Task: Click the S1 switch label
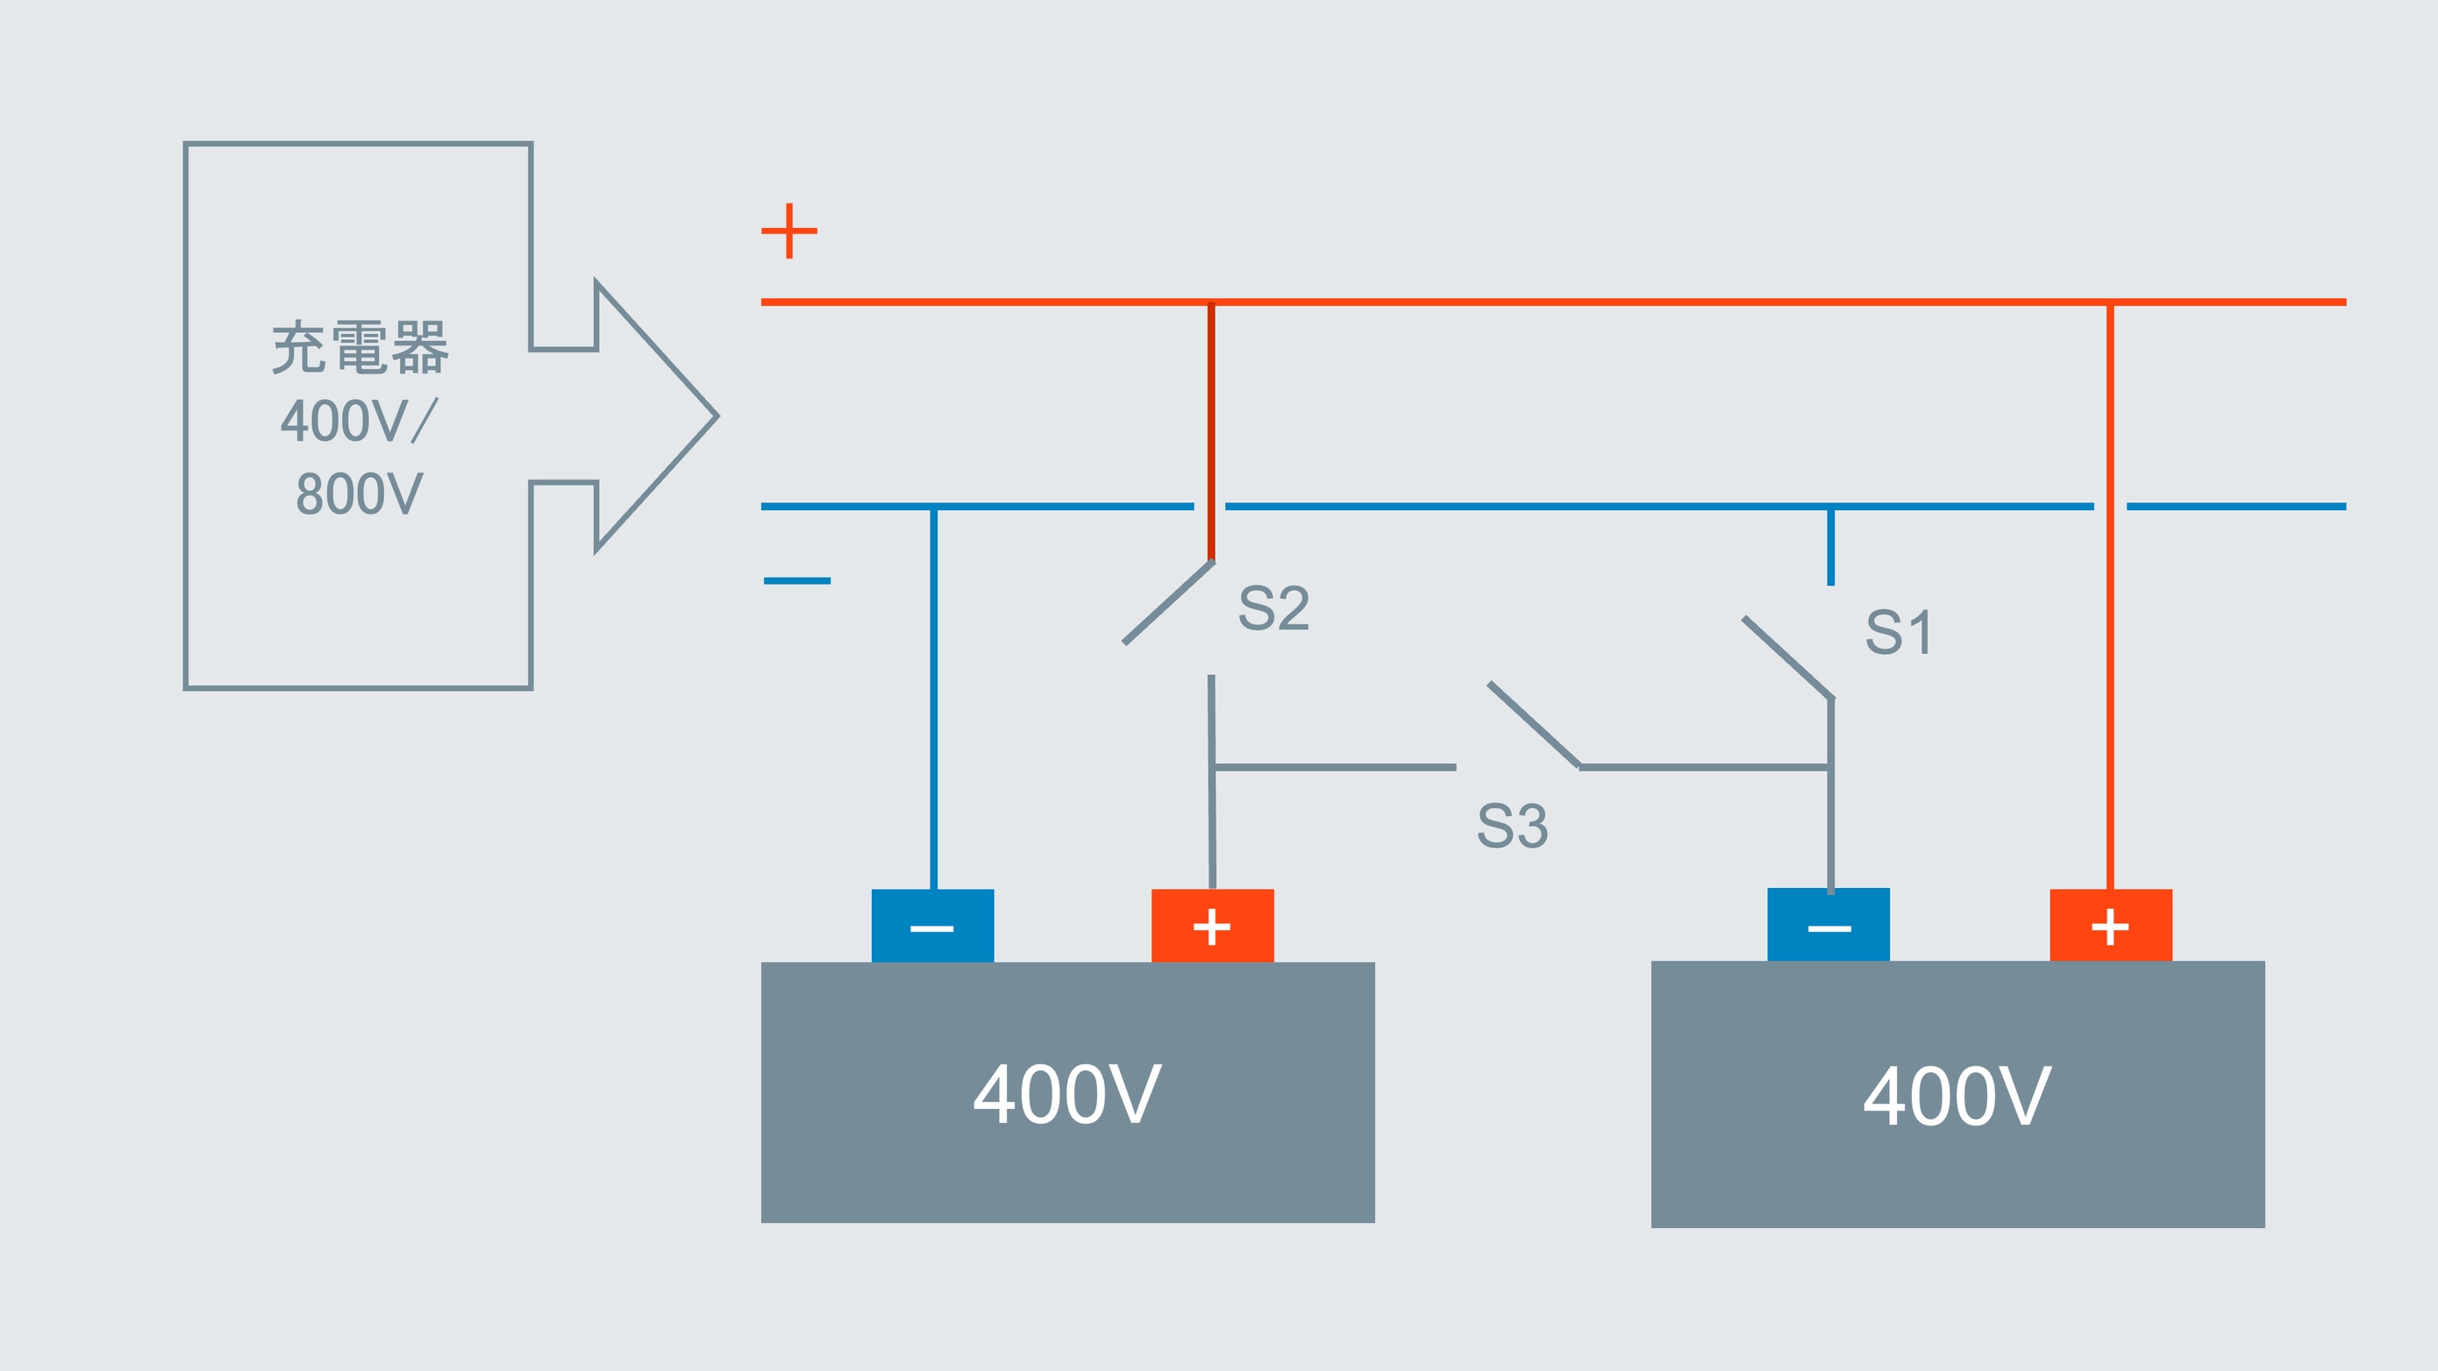click(x=1899, y=632)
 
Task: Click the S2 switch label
click(x=1274, y=607)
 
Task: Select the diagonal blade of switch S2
click(x=1169, y=603)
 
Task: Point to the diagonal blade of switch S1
click(x=1788, y=657)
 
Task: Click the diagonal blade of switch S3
click(x=1533, y=724)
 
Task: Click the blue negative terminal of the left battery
click(x=932, y=927)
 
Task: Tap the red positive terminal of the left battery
click(x=1212, y=927)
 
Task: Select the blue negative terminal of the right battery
click(x=1828, y=926)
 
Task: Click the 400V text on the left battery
click(x=1067, y=1095)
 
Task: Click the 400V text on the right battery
click(x=1957, y=1097)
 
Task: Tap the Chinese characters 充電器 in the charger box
click(x=360, y=347)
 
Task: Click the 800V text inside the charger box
click(x=360, y=494)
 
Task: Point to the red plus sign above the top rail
click(x=789, y=230)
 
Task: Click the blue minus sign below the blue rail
click(x=797, y=580)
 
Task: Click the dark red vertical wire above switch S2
click(x=1210, y=430)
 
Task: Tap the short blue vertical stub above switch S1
click(x=1830, y=547)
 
